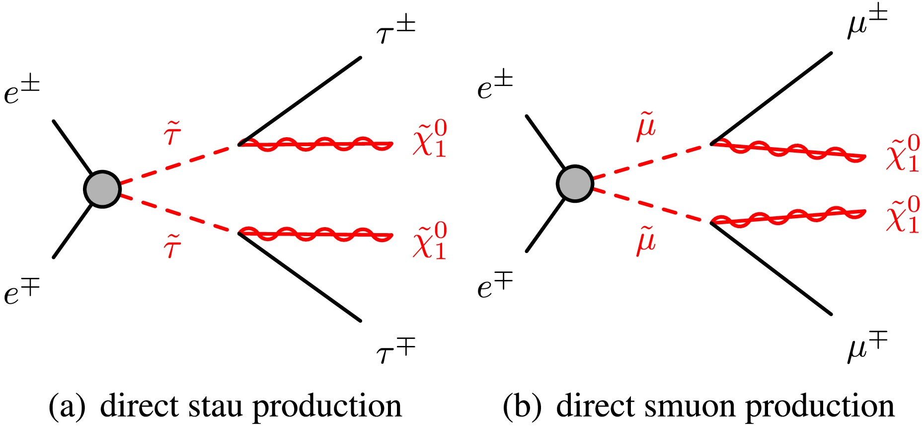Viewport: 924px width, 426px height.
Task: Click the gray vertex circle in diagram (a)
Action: (102, 189)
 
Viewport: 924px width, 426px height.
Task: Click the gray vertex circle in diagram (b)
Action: (575, 183)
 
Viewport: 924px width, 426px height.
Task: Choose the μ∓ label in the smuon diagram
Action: (867, 348)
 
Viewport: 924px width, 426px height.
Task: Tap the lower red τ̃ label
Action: (172, 246)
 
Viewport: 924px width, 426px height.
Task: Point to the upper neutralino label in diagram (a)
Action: (430, 140)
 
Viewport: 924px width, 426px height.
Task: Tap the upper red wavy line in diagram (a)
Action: (316, 144)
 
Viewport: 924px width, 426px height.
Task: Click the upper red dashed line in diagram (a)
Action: (179, 164)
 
